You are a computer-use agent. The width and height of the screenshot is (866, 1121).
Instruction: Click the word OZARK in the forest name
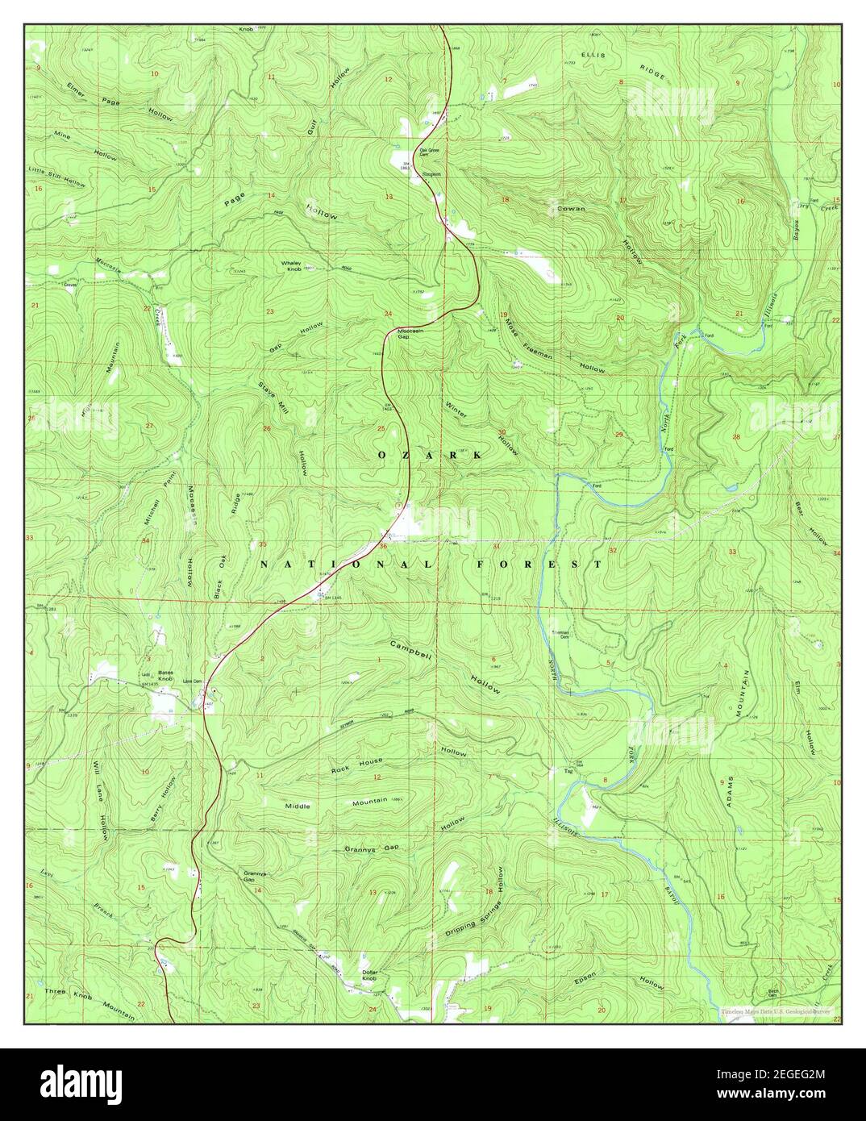coord(430,456)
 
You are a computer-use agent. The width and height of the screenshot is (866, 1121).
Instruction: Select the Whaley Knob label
coord(291,265)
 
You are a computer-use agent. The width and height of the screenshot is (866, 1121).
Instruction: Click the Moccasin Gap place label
coord(410,334)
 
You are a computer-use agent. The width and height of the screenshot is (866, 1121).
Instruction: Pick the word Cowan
coord(571,208)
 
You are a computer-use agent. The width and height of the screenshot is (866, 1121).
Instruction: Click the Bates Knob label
coord(166,676)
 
